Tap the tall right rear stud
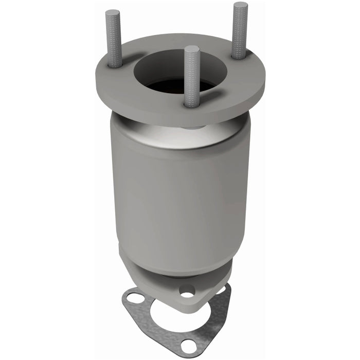(239, 31)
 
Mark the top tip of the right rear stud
(240, 5)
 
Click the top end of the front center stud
(191, 49)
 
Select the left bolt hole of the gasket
(135, 299)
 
